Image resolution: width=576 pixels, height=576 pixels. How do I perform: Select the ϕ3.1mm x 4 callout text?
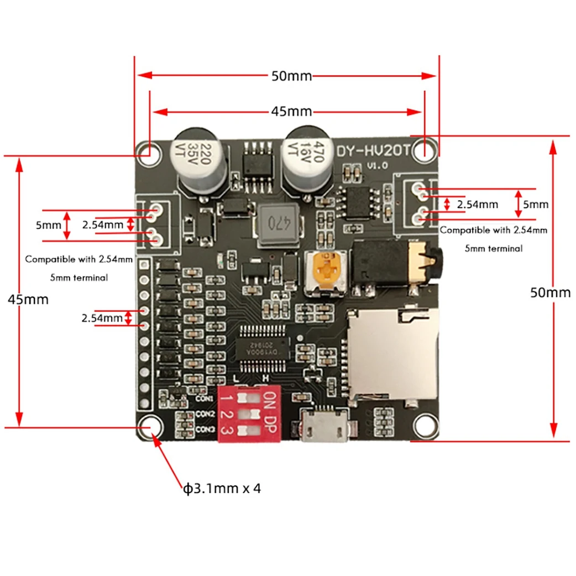click(222, 489)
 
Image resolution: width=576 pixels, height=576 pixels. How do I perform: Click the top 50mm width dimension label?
click(291, 76)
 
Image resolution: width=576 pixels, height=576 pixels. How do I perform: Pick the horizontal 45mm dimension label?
click(291, 112)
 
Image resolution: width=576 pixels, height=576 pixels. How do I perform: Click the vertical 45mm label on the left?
click(28, 300)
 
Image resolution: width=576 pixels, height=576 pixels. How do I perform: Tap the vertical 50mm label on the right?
click(550, 292)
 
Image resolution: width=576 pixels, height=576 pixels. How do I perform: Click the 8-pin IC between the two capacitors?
click(256, 163)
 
